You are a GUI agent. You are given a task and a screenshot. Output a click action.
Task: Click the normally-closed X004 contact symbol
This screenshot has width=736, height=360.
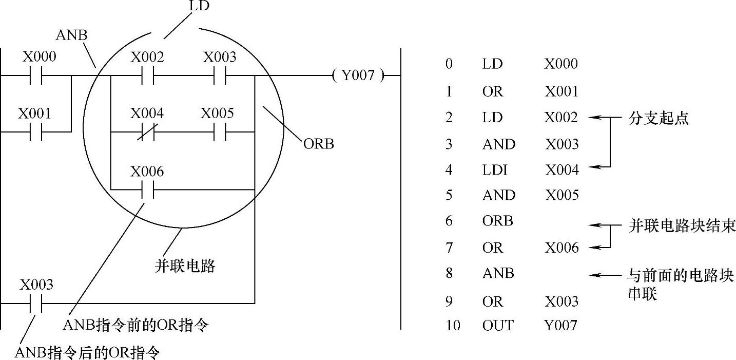click(x=146, y=132)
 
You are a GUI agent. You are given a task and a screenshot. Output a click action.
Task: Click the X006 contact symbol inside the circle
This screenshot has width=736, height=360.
click(x=147, y=190)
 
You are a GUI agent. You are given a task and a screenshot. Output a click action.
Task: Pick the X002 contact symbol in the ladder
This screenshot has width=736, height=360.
click(x=147, y=75)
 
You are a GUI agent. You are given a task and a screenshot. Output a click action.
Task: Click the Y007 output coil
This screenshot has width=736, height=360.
click(x=358, y=75)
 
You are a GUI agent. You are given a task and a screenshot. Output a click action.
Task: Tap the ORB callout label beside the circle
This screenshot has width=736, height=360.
click(x=318, y=144)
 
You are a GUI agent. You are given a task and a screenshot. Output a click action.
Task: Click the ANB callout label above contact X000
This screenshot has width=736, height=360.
click(x=71, y=35)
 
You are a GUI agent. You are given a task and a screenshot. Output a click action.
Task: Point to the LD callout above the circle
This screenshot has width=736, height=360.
click(x=199, y=7)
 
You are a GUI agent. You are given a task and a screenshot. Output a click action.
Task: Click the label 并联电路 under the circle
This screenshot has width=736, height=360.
click(x=185, y=266)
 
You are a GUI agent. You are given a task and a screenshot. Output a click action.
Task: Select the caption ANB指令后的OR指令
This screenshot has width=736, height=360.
click(x=88, y=353)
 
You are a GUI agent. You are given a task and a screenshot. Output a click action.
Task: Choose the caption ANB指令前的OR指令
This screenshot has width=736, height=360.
click(x=136, y=325)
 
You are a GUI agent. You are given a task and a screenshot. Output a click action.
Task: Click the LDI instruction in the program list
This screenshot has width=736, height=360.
click(x=495, y=169)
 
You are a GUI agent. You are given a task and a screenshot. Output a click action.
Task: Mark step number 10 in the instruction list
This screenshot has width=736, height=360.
click(x=453, y=325)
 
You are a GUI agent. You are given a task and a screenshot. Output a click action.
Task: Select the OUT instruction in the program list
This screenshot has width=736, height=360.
click(x=497, y=325)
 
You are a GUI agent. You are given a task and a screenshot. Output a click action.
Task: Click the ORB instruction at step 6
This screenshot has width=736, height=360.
click(x=498, y=221)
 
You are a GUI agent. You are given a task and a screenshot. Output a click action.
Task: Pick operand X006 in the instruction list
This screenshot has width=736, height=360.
click(x=561, y=248)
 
